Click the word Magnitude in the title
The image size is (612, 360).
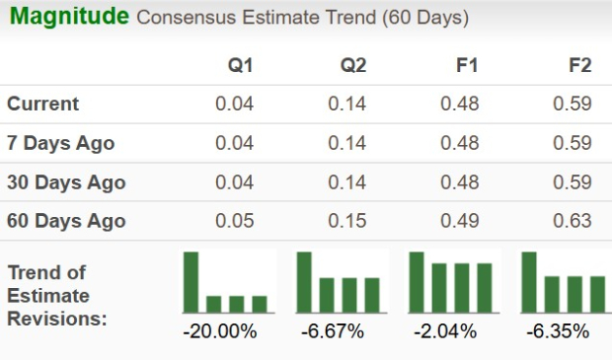point(68,18)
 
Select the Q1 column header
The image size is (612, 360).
point(240,65)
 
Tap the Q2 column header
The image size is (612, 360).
point(353,65)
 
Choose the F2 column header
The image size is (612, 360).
point(579,65)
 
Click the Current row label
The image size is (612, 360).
point(43,104)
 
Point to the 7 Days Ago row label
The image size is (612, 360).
point(61,143)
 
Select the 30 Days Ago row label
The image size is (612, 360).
point(66,182)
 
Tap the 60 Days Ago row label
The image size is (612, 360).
point(66,221)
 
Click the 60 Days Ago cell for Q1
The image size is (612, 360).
point(235,221)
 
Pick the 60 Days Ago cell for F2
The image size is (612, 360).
point(574,221)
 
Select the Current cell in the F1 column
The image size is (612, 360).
point(461,104)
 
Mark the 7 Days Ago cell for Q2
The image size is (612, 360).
point(347,143)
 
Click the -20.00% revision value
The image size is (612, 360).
point(220,331)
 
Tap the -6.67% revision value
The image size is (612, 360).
point(333,331)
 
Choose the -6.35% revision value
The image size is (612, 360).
point(559,331)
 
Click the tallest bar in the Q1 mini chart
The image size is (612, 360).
point(191,281)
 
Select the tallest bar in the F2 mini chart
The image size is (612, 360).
point(530,281)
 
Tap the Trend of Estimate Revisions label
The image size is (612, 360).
point(57,296)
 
